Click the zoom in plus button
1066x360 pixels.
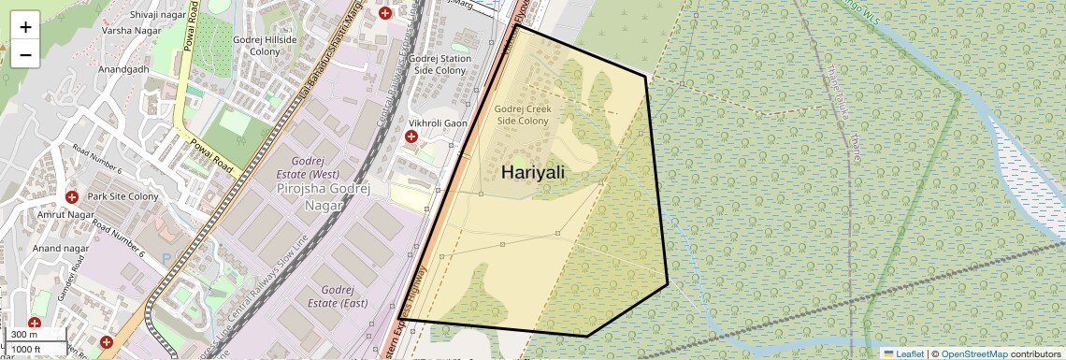pyautogui.click(x=25, y=27)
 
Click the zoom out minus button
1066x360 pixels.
pyautogui.click(x=25, y=54)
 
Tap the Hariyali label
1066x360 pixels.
pyautogui.click(x=533, y=172)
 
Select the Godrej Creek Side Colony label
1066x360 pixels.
pyautogui.click(x=523, y=115)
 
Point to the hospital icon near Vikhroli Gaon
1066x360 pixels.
pyautogui.click(x=411, y=137)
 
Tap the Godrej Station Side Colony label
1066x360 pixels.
pyautogui.click(x=439, y=64)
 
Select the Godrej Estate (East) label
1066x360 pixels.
pyautogui.click(x=337, y=296)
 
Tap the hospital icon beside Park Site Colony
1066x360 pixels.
pyautogui.click(x=72, y=197)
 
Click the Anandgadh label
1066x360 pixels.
pyautogui.click(x=122, y=70)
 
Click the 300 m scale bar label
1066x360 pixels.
pyautogui.click(x=25, y=334)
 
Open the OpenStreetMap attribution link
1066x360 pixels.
pyautogui.click(x=974, y=353)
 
